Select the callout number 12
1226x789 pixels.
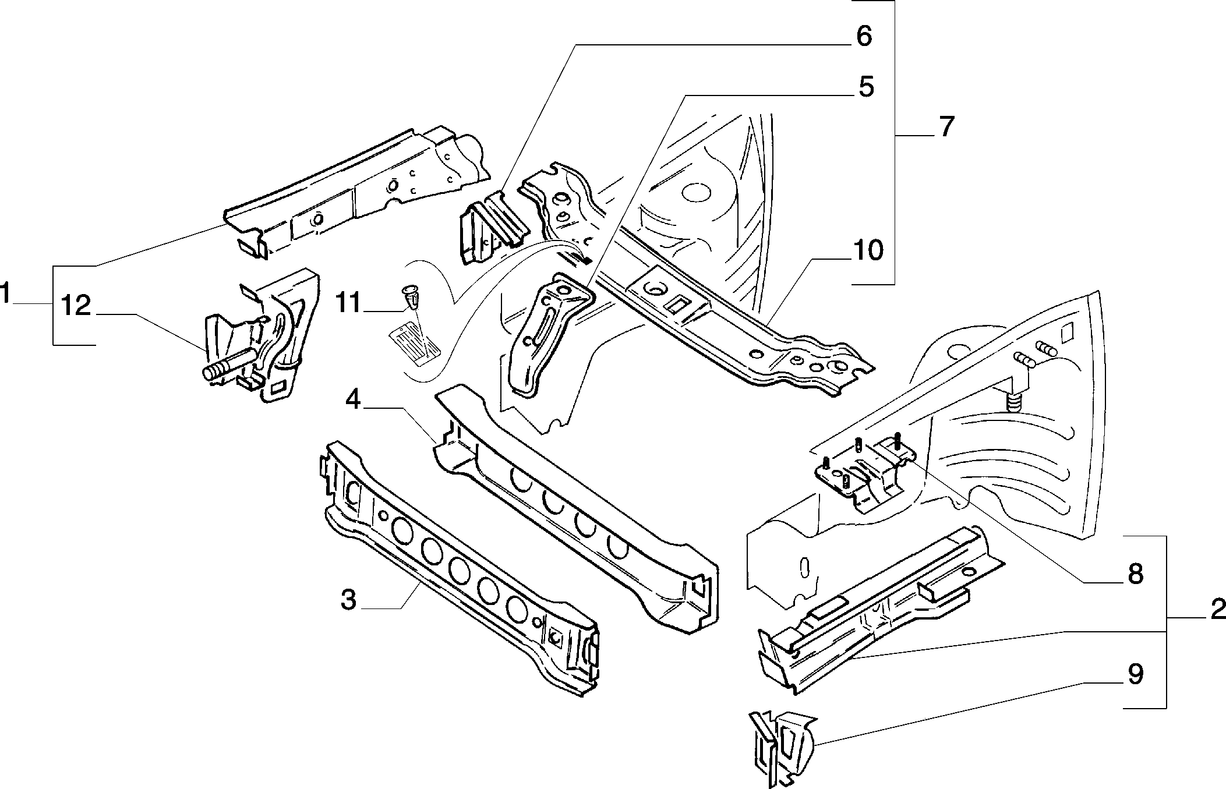click(76, 306)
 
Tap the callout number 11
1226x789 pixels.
click(349, 303)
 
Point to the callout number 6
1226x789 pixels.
click(864, 36)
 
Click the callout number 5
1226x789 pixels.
click(866, 87)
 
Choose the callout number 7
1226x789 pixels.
click(946, 126)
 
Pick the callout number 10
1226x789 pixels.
click(868, 251)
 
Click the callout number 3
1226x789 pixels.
click(348, 599)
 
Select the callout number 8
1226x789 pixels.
click(1136, 574)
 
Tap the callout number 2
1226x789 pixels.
click(1218, 610)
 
